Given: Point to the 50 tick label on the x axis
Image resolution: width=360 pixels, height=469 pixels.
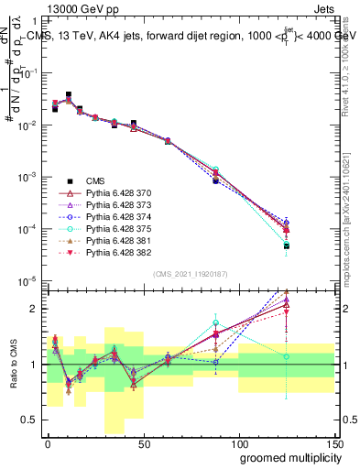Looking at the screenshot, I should [x=143, y=443].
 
